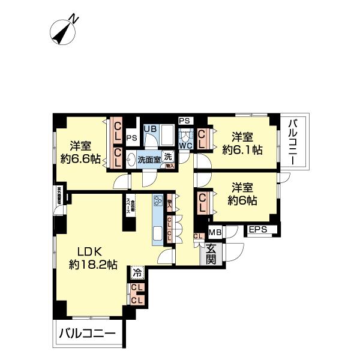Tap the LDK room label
click(89, 251)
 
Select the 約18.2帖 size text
click(93, 265)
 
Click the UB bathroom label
click(149, 129)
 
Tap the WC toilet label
click(185, 145)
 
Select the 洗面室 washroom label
click(148, 160)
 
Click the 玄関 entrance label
click(211, 254)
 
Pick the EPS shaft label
click(259, 230)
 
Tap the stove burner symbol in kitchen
click(159, 202)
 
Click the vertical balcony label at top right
click(293, 142)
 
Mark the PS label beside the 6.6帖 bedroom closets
click(131, 137)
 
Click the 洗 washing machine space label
click(168, 157)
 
